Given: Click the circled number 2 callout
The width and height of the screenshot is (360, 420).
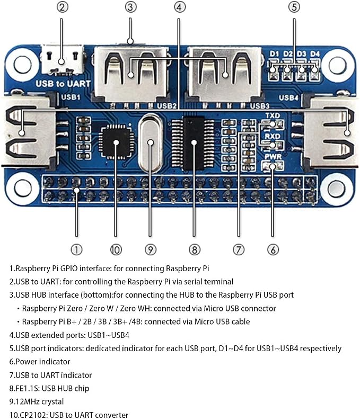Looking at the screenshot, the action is tap(62, 7).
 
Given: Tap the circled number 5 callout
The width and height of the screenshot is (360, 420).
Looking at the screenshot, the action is tap(294, 7).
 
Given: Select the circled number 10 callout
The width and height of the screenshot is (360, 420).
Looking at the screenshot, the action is tap(116, 249).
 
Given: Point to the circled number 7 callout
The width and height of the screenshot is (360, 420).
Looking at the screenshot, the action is tap(239, 249).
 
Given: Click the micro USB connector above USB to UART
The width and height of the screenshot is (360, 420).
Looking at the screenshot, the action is tap(62, 60).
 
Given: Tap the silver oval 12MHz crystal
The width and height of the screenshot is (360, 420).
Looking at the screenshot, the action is tap(151, 142).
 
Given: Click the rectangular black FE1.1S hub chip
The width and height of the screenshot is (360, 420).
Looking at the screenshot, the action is tap(194, 144).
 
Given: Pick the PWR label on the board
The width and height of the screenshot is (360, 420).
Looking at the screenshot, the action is tap(273, 156).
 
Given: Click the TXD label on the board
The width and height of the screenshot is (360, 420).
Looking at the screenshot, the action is tap(273, 115).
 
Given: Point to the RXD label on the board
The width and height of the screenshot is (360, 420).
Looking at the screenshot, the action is tap(273, 136).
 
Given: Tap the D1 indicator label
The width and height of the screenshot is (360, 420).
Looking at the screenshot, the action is tap(274, 54).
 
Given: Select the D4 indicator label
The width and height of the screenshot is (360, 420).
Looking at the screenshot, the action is tap(315, 54).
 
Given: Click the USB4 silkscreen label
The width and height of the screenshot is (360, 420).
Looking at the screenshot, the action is tap(288, 98).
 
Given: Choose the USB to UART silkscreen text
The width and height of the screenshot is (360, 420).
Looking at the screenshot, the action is tap(63, 84).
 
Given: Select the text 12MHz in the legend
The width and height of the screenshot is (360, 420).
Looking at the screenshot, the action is tap(27, 401).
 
